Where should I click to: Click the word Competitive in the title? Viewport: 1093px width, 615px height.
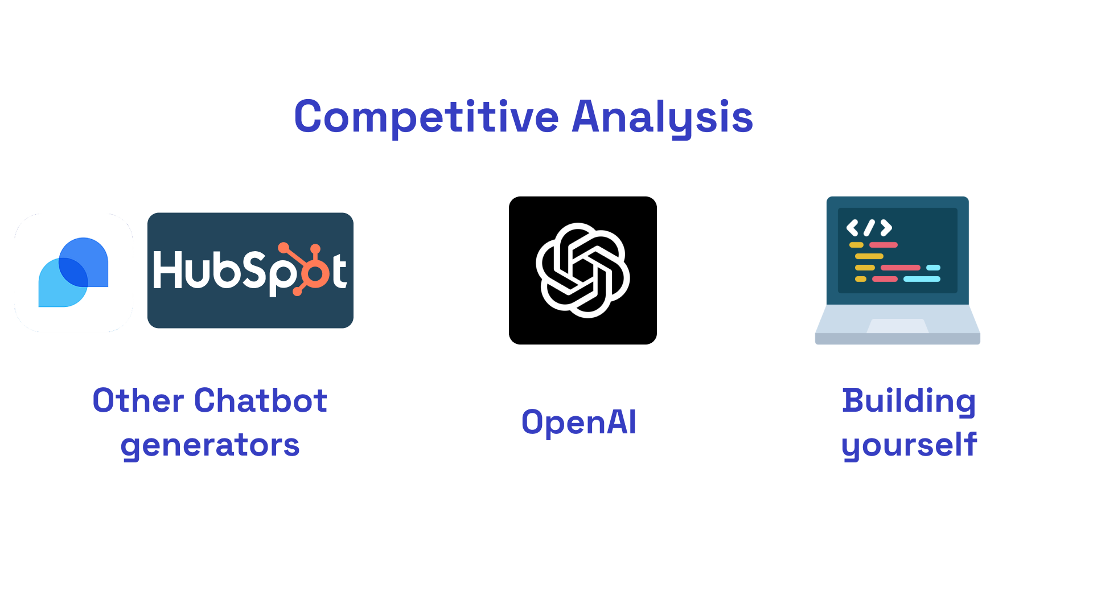tap(426, 117)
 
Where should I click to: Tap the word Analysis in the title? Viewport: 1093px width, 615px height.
tap(663, 117)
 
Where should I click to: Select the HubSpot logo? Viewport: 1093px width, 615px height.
tap(250, 270)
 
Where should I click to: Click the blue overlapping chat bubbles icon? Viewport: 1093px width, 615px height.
tap(73, 272)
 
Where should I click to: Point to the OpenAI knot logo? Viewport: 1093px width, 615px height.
tap(583, 270)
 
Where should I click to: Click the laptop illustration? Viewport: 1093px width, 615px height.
tap(898, 270)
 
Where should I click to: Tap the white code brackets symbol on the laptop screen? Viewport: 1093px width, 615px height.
tap(869, 228)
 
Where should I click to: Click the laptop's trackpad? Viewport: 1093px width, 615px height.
tap(898, 326)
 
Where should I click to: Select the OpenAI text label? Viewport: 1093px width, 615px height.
tap(579, 423)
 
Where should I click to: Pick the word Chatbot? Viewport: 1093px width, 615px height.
tap(261, 400)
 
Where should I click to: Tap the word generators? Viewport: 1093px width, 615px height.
tap(210, 446)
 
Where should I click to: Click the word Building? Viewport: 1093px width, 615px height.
tap(909, 401)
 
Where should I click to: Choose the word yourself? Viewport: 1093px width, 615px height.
tap(909, 445)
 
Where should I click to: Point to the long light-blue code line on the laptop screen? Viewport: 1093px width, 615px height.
tap(922, 279)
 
